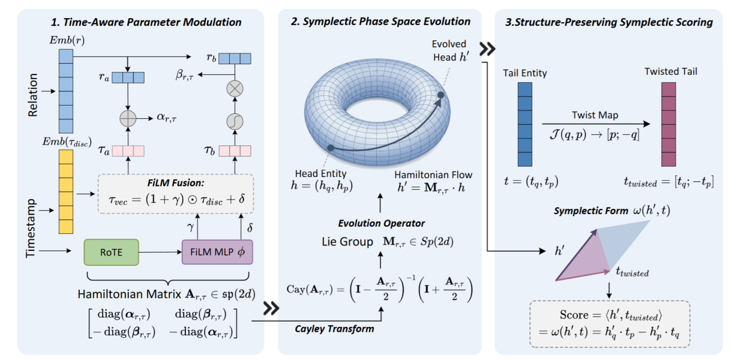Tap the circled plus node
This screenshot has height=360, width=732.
(128, 117)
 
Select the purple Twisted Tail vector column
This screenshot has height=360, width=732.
(669, 124)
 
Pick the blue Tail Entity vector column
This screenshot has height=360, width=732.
(525, 124)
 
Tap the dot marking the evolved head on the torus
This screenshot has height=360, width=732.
(440, 95)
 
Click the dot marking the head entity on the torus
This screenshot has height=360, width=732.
(330, 148)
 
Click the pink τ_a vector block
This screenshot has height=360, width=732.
(128, 150)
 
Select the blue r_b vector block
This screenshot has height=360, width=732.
(235, 59)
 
